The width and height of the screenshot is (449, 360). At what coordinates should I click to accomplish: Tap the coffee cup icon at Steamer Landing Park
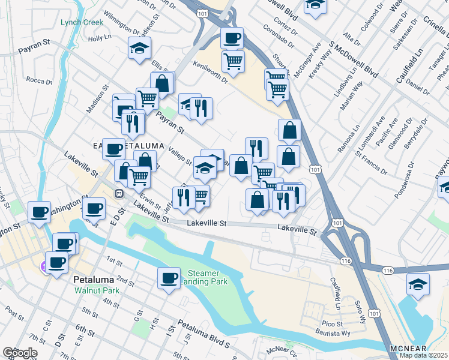[169, 278]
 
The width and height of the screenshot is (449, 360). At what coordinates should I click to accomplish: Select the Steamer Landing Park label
[204, 277]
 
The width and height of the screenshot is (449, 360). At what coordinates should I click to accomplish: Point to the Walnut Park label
[97, 290]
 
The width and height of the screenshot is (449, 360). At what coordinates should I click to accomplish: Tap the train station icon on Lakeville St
[119, 194]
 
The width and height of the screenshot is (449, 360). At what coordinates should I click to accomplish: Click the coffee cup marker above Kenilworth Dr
[232, 38]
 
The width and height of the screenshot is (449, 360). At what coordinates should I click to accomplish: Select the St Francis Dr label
[372, 162]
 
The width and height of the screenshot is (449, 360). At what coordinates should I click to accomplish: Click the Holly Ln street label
[96, 38]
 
